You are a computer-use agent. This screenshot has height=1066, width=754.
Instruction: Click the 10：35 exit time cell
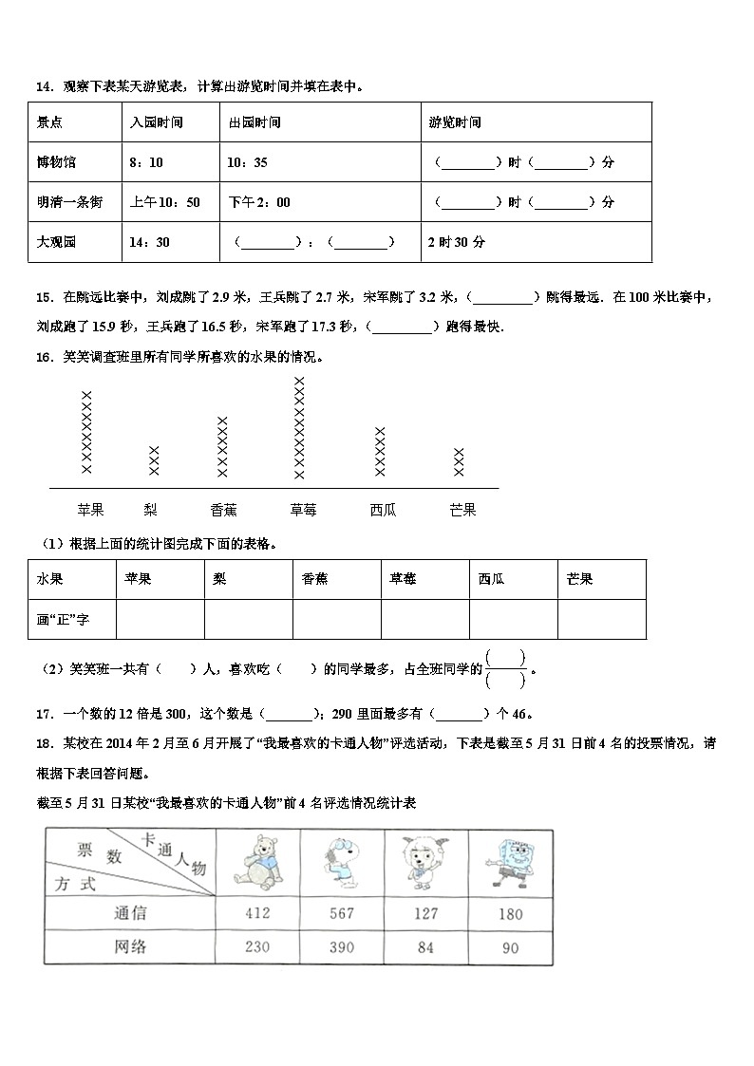(x=247, y=162)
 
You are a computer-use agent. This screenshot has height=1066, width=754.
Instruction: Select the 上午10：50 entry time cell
(x=164, y=202)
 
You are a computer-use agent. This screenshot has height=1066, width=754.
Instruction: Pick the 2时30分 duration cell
(x=457, y=242)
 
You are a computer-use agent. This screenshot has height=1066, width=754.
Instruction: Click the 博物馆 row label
(x=57, y=162)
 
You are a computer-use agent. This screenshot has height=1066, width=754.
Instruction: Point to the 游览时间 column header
(x=455, y=122)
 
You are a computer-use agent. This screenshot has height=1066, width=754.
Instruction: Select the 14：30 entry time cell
(x=149, y=242)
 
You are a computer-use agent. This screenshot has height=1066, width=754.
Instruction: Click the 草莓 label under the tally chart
(x=303, y=510)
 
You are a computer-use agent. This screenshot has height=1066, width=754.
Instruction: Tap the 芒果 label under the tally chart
(x=462, y=510)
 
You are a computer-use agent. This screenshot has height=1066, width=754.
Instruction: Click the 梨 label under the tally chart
(x=150, y=510)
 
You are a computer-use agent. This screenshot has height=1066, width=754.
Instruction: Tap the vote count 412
(x=256, y=913)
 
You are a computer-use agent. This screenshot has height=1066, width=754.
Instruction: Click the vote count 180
(x=510, y=913)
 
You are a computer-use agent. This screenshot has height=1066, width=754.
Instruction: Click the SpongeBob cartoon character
(x=511, y=861)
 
